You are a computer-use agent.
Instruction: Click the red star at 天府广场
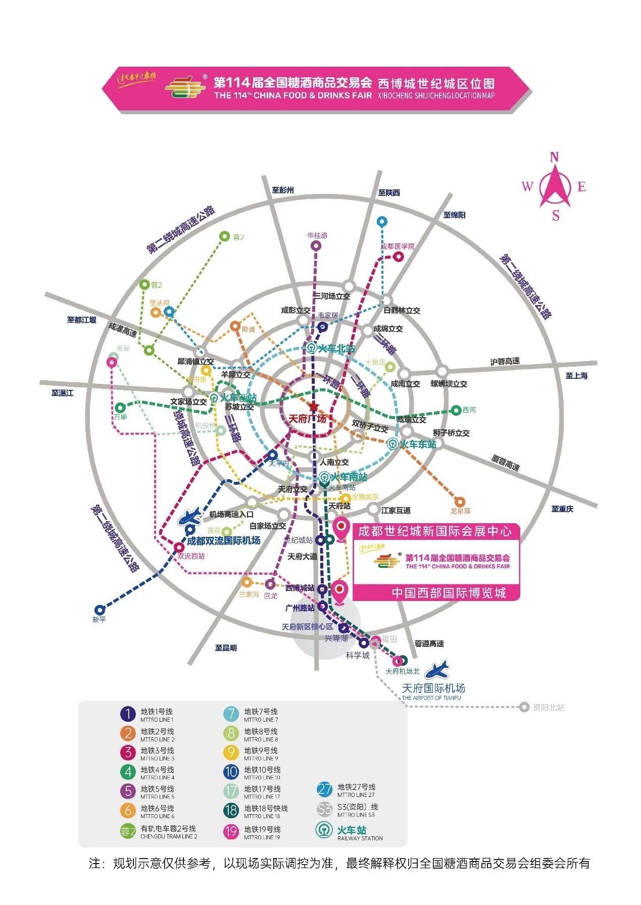[x=314, y=407]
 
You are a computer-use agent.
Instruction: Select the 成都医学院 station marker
[x=399, y=256]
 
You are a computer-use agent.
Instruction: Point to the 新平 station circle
[x=100, y=610]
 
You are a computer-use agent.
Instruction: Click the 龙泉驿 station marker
[x=460, y=501]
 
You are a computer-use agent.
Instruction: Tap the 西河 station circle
[x=456, y=410]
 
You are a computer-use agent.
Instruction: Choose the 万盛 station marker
[x=120, y=408]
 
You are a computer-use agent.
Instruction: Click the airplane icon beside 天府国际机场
[x=437, y=670]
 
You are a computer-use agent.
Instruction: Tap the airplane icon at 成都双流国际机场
[x=194, y=517]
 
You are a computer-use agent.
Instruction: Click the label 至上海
[x=576, y=376]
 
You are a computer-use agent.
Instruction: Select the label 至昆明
[x=226, y=647]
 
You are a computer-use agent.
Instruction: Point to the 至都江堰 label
[x=81, y=320]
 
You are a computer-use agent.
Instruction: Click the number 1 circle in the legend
[x=128, y=714]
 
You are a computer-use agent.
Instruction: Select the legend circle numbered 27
[x=325, y=789]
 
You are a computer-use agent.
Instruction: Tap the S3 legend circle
[x=325, y=809]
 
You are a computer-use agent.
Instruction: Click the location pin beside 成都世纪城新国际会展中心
[x=341, y=529]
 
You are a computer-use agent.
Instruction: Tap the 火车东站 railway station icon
[x=392, y=444]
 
